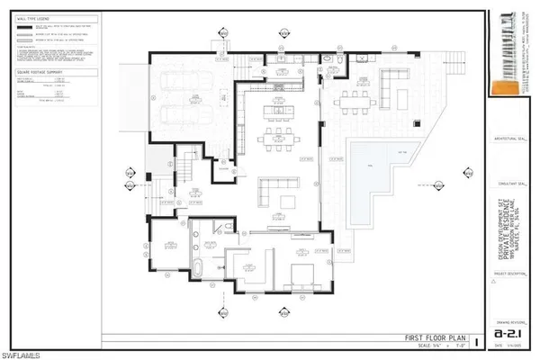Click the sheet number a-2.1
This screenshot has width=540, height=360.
[508, 332]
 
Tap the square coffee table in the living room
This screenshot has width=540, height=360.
[289, 199]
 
